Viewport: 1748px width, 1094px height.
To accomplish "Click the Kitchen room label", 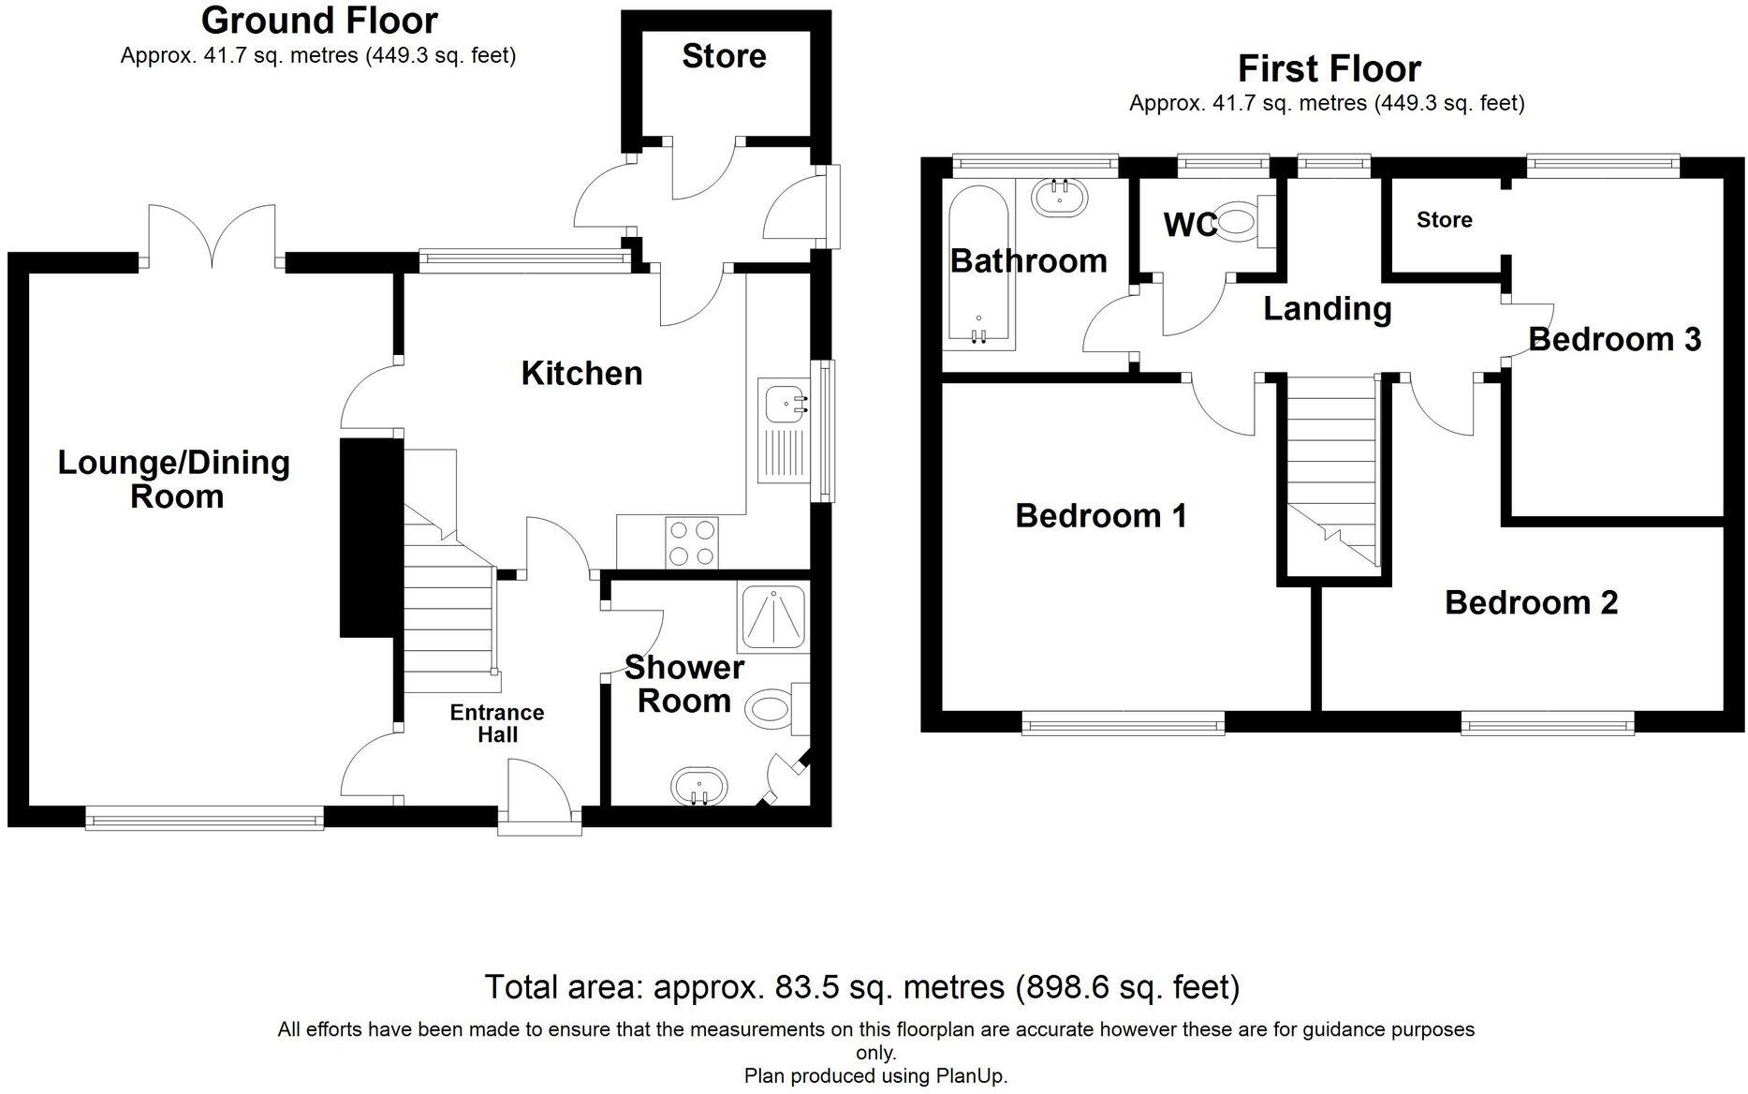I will tap(581, 374).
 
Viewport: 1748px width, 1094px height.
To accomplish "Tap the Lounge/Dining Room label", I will tap(174, 479).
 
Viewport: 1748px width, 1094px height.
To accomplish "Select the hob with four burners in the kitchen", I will tap(692, 542).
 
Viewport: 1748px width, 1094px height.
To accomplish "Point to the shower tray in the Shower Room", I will tap(772, 619).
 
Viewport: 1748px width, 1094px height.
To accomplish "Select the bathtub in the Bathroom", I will tap(978, 264).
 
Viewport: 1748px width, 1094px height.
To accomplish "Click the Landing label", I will tap(1327, 308).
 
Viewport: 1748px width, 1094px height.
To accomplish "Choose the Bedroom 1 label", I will tap(1101, 516).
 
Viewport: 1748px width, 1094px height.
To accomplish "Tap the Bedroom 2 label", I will tap(1531, 602).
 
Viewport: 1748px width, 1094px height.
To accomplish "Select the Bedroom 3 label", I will tap(1614, 339).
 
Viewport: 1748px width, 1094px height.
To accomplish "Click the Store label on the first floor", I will tap(1444, 220).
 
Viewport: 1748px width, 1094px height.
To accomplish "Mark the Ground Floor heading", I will tap(319, 20).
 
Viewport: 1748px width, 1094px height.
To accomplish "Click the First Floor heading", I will tap(1329, 69).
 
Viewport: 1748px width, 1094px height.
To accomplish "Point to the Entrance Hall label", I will tap(497, 723).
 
